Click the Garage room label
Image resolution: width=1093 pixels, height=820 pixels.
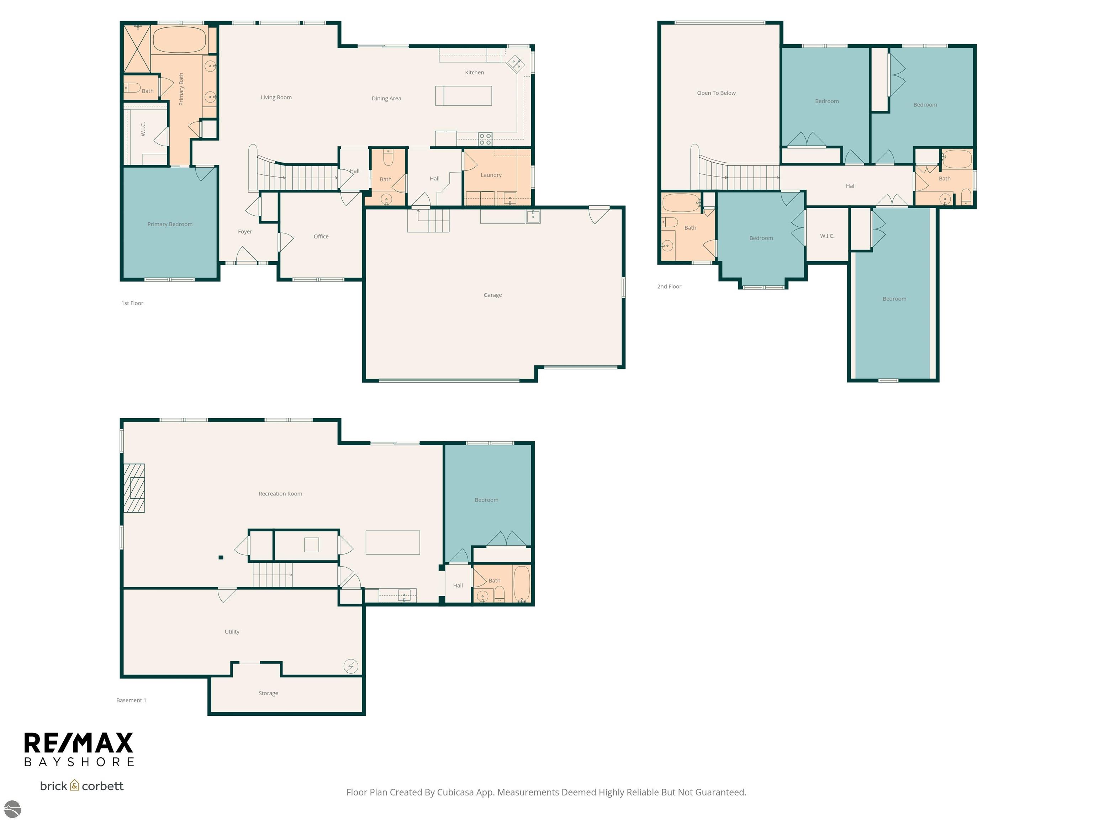point(492,295)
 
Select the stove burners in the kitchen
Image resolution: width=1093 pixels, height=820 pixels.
point(485,139)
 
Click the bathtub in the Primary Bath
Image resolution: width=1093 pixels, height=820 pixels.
point(179,40)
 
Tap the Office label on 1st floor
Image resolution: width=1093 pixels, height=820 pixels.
point(321,237)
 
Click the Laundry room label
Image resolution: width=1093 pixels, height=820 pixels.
point(491,175)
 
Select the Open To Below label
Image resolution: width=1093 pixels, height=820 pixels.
point(716,93)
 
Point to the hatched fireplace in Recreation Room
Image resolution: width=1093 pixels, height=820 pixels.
point(134,488)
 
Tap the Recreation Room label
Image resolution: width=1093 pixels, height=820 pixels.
point(280,494)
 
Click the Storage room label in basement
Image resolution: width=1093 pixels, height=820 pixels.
point(268,693)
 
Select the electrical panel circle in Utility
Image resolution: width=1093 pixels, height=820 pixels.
point(351,666)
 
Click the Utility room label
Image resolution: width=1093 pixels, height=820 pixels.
point(232,632)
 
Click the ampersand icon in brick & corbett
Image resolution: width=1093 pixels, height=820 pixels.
point(75,785)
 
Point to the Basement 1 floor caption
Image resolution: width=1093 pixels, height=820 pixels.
point(131,700)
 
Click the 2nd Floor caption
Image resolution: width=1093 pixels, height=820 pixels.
point(669,287)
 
